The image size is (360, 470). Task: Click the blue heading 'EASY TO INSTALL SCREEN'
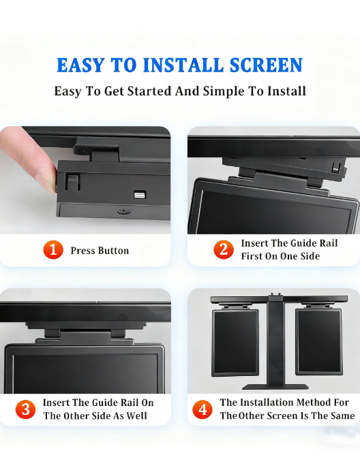pyautogui.click(x=179, y=65)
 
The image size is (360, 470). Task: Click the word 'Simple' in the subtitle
pyautogui.click(x=223, y=91)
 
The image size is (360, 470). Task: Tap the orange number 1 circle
pyautogui.click(x=53, y=250)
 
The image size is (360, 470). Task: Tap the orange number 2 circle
pyautogui.click(x=223, y=249)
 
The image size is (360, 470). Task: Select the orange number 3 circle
pyautogui.click(x=25, y=409)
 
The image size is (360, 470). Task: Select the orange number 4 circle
pyautogui.click(x=202, y=409)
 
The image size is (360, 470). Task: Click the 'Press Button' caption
pyautogui.click(x=100, y=251)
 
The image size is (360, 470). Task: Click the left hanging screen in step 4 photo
pyautogui.click(x=235, y=341)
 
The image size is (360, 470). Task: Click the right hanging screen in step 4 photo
pyautogui.click(x=318, y=341)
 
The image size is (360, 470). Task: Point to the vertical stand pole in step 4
pyautogui.click(x=277, y=341)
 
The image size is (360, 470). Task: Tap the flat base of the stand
pyautogui.click(x=277, y=386)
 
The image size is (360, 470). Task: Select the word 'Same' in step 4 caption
pyautogui.click(x=342, y=416)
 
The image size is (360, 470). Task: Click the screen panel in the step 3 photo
pyautogui.click(x=85, y=371)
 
